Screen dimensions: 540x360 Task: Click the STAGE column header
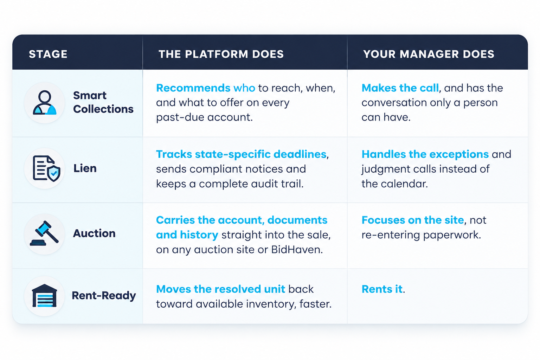48,54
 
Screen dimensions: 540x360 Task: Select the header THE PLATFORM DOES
221,54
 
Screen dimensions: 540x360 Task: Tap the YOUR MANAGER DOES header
429,54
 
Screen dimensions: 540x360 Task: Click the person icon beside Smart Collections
45,102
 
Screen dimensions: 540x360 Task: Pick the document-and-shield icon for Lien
46,168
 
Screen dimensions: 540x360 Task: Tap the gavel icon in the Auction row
44,233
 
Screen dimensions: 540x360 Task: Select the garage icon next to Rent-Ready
44,296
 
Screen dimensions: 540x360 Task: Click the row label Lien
85,168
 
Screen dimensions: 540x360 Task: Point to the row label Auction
94,233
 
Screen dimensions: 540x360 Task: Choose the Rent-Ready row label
104,296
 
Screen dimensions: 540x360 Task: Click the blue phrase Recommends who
206,88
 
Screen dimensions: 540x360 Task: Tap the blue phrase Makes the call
400,88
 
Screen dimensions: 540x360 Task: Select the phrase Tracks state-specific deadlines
241,154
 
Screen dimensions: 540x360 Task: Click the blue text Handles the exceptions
425,154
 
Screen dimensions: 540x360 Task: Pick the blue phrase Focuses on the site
413,220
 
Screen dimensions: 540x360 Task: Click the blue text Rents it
382,289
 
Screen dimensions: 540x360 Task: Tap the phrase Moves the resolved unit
220,289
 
